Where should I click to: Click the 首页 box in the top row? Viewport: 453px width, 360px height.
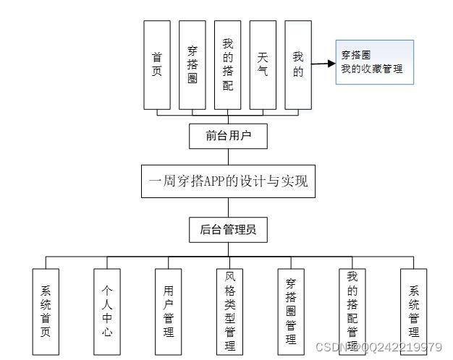[157, 65]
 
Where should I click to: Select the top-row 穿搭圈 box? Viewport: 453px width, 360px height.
[192, 65]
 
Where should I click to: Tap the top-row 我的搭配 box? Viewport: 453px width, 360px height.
[228, 65]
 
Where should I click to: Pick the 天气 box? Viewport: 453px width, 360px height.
[263, 65]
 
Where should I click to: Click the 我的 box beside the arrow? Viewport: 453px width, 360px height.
[298, 65]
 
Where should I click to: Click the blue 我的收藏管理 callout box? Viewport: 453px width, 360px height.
[374, 62]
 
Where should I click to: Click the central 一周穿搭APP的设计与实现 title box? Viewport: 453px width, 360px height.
[229, 181]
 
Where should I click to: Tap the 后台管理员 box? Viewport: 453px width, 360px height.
[228, 230]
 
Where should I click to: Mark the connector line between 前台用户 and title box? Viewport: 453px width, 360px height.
[228, 155]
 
